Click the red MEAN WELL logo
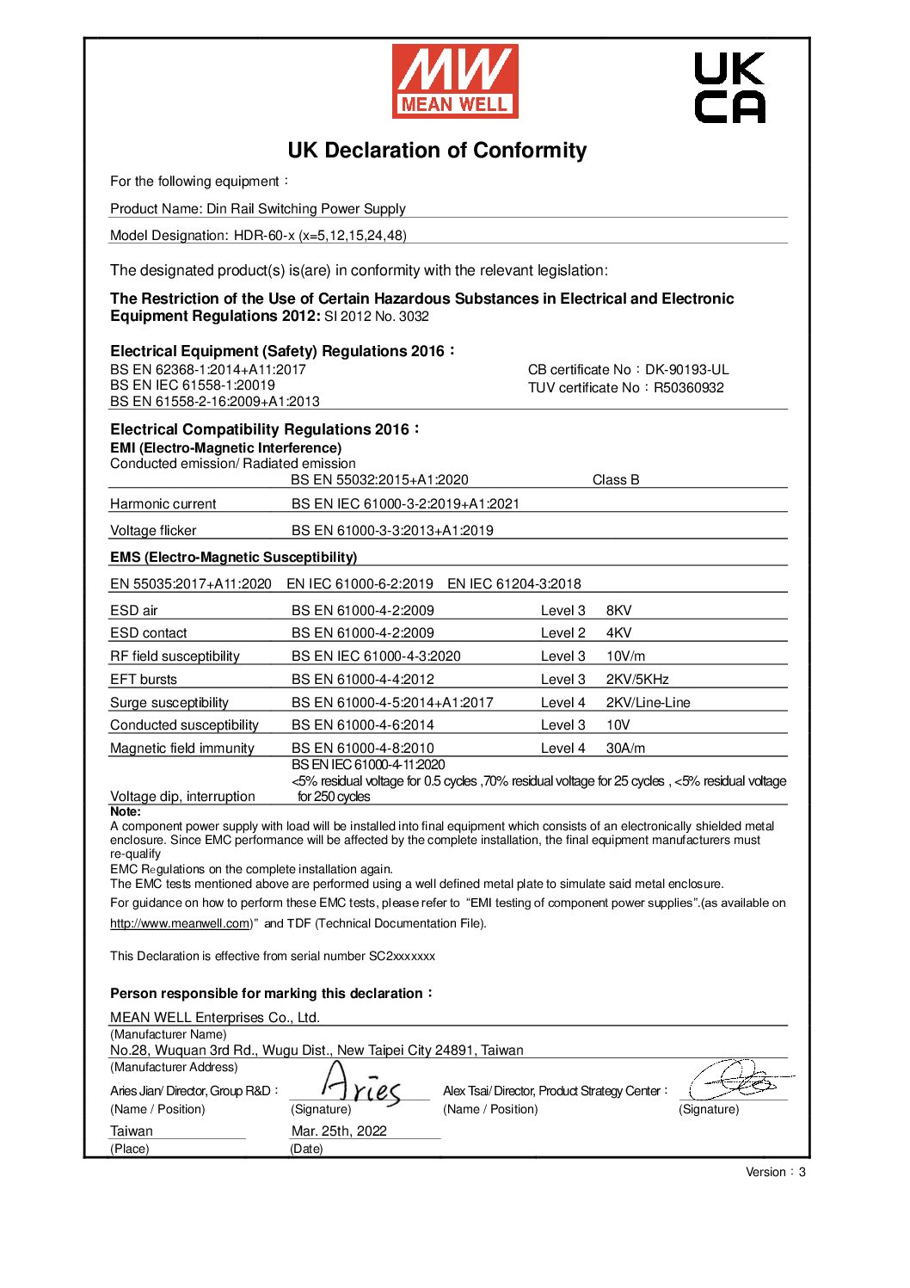pos(455,82)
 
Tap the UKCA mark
pos(729,88)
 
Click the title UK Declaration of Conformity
pos(437,151)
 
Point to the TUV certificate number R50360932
pos(688,387)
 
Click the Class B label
pos(616,480)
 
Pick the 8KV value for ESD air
pos(618,610)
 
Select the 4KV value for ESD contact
pos(618,633)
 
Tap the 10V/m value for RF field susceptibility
pos(625,656)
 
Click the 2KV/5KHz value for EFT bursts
pos(636,679)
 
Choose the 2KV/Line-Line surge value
pos(648,702)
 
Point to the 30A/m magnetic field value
pos(625,748)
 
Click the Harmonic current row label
pos(163,503)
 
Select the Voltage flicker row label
pos(153,530)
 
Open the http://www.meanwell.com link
pos(180,923)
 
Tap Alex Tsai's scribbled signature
pos(738,1081)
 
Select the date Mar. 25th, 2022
pos(339,1131)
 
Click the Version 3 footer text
pos(775,1172)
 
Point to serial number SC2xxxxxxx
pos(402,956)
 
